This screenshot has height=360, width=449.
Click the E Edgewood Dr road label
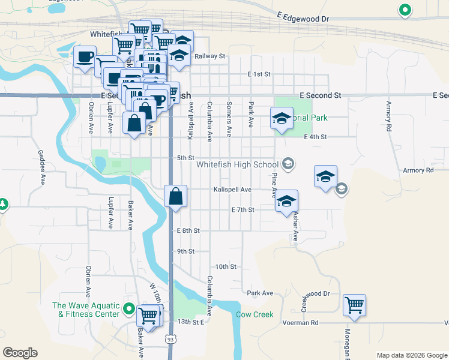point(304,19)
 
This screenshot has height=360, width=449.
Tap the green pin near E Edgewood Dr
point(405,10)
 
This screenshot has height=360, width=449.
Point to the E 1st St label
point(259,74)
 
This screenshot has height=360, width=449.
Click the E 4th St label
point(315,137)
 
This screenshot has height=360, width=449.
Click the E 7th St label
point(243,210)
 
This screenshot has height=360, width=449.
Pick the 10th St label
point(226,266)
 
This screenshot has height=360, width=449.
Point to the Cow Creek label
point(255,314)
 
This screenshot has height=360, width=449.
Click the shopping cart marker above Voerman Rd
point(354,304)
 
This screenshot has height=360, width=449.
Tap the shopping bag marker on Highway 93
point(175,196)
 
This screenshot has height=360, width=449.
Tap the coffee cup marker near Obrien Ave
point(84,57)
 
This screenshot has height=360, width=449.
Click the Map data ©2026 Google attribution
point(411,355)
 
